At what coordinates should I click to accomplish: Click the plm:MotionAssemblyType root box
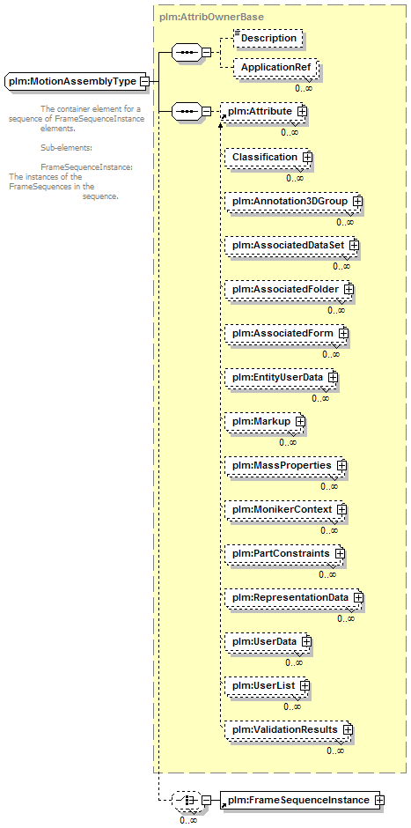click(77, 82)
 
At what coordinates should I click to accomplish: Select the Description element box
click(268, 38)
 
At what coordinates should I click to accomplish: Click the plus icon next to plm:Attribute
click(303, 111)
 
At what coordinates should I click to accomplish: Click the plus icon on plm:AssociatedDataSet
click(354, 246)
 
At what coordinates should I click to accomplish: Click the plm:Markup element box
click(265, 421)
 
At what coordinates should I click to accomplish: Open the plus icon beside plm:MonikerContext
click(341, 510)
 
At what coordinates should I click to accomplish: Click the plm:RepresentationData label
click(290, 597)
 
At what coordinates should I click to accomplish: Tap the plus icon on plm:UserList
click(305, 685)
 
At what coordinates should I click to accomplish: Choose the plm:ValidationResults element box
click(288, 729)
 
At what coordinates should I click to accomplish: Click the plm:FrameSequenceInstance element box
click(302, 801)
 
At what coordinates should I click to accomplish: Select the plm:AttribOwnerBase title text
click(211, 17)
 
